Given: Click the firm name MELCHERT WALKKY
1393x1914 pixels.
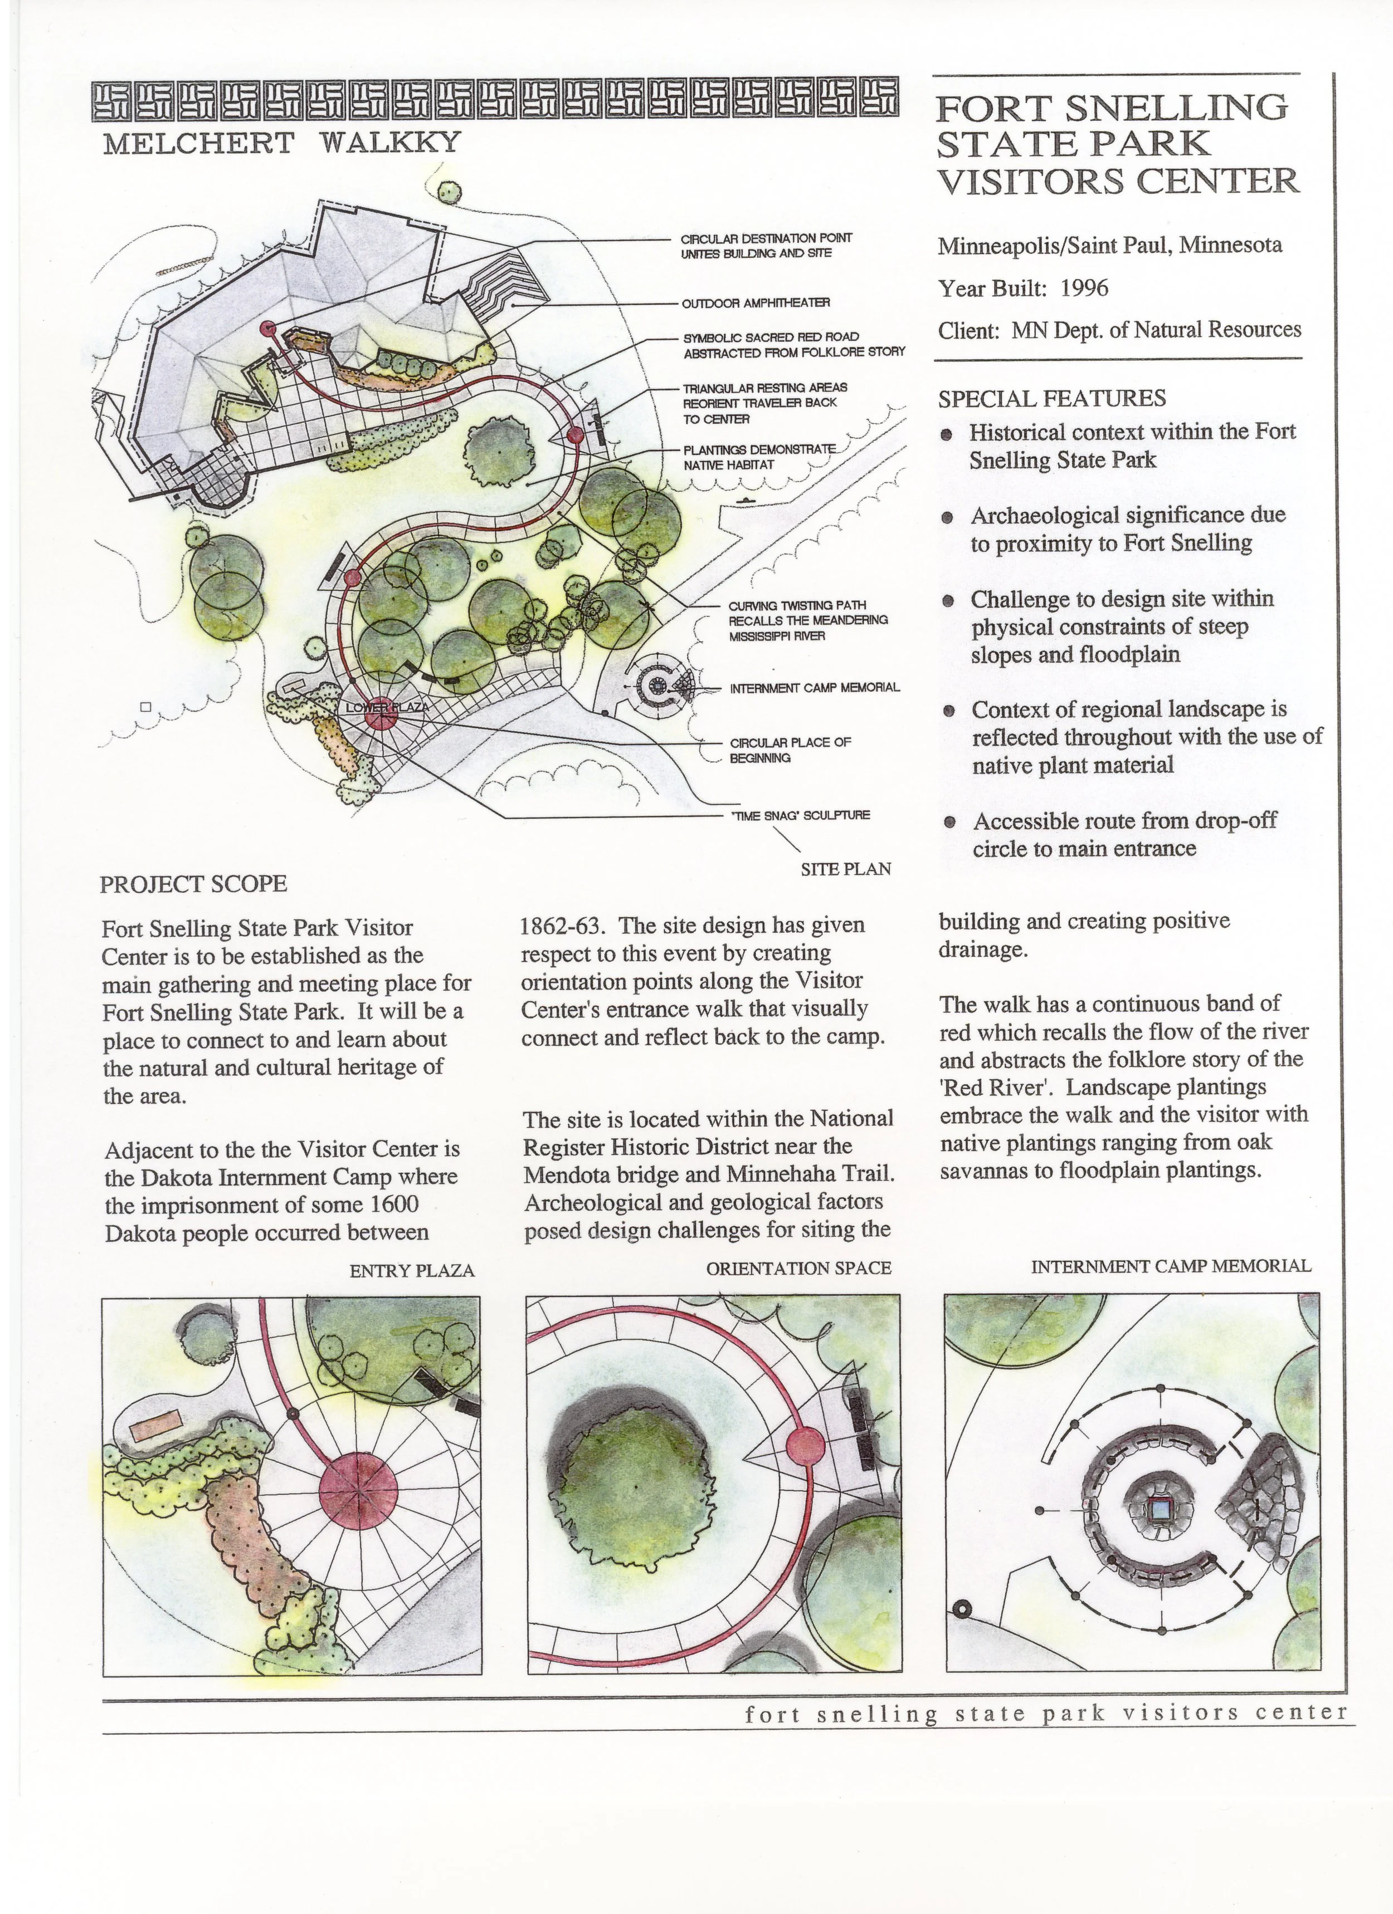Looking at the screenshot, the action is pos(281,143).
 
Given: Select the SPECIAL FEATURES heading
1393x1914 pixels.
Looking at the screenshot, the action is pos(1052,398).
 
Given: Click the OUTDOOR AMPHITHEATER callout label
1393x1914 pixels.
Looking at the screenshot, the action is pos(757,303).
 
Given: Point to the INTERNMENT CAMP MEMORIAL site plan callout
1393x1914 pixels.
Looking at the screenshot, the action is pos(815,688).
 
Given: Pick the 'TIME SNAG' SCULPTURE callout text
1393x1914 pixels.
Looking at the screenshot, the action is pos(800,815).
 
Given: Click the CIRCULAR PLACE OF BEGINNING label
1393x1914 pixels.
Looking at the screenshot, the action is pos(790,750).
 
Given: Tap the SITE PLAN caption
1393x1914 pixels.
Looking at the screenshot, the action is pos(846,868).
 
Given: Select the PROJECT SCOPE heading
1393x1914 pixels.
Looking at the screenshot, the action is pos(193,884).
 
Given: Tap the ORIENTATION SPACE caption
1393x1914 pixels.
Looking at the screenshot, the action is pos(798,1269).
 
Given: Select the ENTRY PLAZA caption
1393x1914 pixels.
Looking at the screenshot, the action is pos(412,1270).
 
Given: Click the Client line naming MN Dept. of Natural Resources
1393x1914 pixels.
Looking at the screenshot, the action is pos(1119,330).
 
